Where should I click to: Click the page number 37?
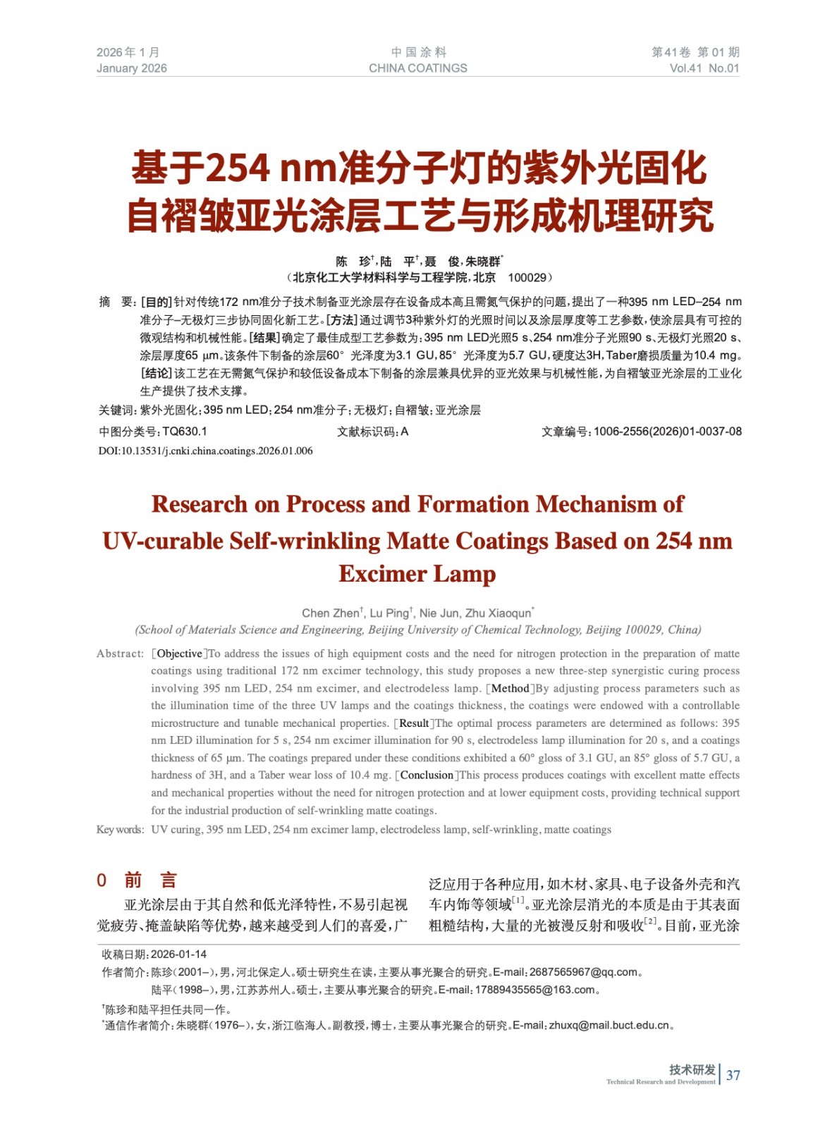pyautogui.click(x=733, y=1075)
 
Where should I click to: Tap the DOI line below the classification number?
pyautogui.click(x=205, y=451)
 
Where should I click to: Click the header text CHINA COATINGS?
pyautogui.click(x=417, y=68)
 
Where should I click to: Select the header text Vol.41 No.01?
pyautogui.click(x=704, y=68)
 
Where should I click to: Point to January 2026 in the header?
pyautogui.click(x=132, y=68)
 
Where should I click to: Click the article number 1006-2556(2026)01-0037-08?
pyautogui.click(x=667, y=431)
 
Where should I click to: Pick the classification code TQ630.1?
pyautogui.click(x=185, y=431)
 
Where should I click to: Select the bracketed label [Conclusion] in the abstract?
pyautogui.click(x=427, y=775)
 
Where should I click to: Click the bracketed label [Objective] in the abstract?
pyautogui.click(x=179, y=654)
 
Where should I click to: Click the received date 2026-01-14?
pyautogui.click(x=178, y=955)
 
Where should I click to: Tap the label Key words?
pyautogui.click(x=120, y=830)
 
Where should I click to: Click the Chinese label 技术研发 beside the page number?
pyautogui.click(x=692, y=1069)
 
